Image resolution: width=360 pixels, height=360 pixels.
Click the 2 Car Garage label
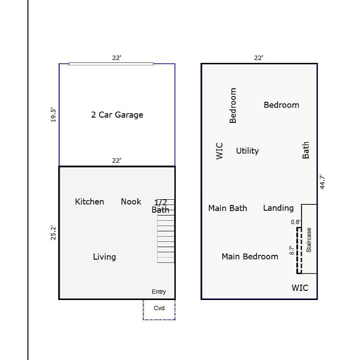[117, 115]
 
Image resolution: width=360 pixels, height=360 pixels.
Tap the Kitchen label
[90, 202]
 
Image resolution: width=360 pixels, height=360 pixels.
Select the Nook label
[131, 202]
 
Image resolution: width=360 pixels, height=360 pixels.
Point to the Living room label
[105, 257]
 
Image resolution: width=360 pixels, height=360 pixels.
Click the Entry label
[159, 291]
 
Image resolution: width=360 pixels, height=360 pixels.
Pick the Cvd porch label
[159, 308]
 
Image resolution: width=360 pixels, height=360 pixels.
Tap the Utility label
[248, 151]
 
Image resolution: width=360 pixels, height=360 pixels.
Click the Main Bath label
[228, 208]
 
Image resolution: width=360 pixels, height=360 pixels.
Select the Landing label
[278, 208]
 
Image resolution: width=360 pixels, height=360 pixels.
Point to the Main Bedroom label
[250, 256]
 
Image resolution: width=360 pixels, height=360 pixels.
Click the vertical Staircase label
[309, 240]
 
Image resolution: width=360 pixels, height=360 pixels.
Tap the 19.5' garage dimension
[53, 115]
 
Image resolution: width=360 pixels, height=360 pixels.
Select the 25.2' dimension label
[53, 233]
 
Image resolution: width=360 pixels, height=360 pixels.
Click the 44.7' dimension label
[323, 182]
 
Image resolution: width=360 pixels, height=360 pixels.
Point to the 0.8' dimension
[296, 222]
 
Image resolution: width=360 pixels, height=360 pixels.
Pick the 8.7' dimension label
[292, 250]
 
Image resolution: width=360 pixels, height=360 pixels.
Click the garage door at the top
[111, 64]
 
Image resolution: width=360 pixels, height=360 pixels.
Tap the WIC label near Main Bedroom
[300, 288]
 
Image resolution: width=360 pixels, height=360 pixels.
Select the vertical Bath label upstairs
[306, 150]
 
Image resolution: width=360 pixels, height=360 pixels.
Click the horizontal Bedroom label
[281, 105]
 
